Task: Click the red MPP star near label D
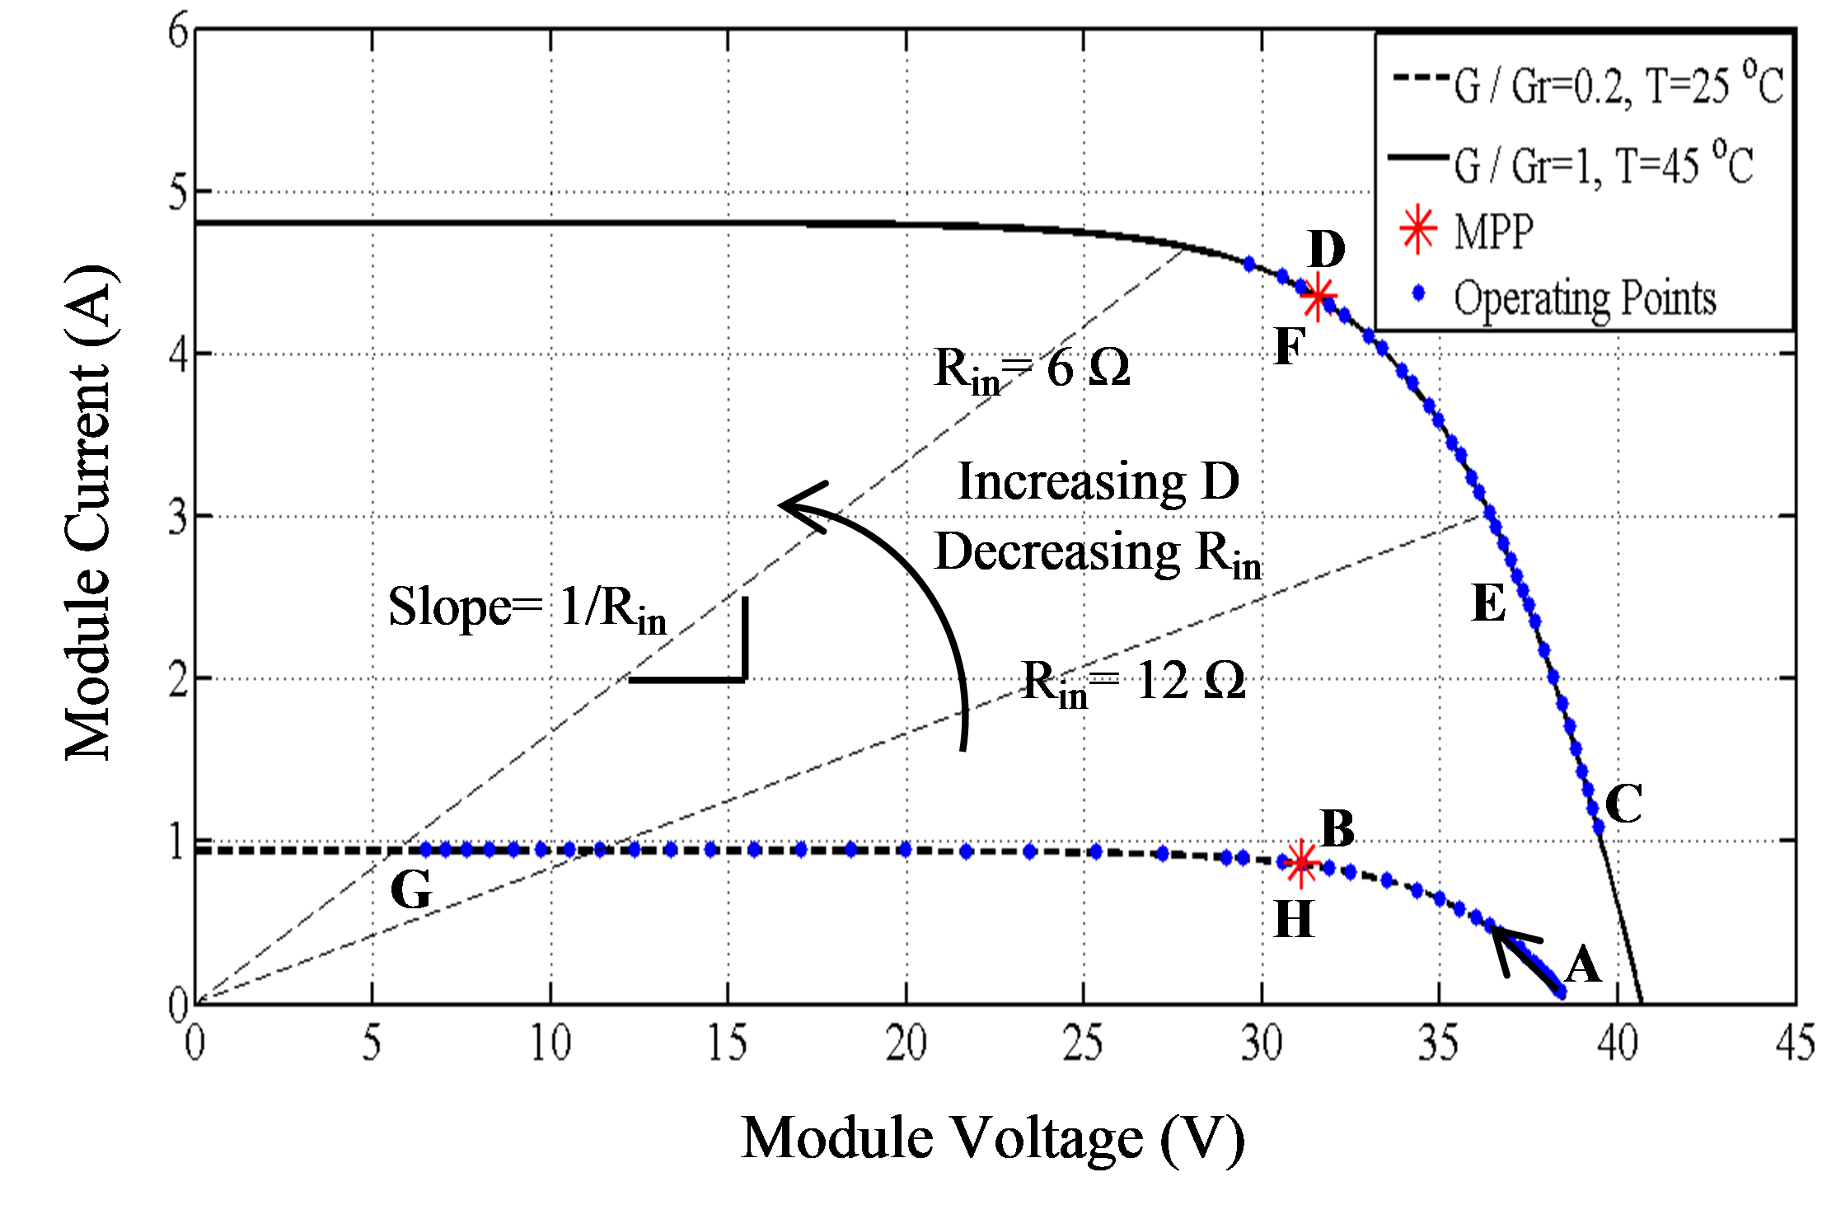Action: pos(1318,296)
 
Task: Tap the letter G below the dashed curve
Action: pos(410,890)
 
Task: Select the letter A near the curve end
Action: pos(1582,964)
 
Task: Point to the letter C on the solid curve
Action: pos(1623,804)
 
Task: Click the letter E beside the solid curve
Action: pos(1488,603)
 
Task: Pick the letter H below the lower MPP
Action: pos(1294,919)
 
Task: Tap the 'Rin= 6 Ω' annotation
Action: pos(1032,369)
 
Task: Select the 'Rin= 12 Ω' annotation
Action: pos(1133,682)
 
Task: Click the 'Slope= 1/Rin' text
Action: pos(527,610)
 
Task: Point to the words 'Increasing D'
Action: pos(1098,481)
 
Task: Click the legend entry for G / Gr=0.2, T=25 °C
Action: pos(1586,87)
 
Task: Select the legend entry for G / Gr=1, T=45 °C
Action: pos(1570,165)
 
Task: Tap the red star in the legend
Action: pos(1418,230)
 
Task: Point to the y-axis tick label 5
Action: pos(178,192)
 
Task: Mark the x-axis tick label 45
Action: pos(1795,1043)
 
